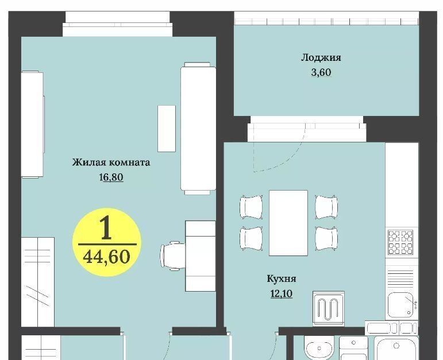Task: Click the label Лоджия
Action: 321,58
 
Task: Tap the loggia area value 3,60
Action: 321,72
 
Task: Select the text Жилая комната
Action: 111,162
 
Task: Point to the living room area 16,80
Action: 111,177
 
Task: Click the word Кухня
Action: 282,278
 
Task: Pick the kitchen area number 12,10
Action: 282,293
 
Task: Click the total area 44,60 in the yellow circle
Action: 107,257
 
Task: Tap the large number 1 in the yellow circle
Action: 106,227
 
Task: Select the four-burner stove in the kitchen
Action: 400,242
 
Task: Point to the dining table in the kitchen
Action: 288,223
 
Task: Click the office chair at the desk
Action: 173,256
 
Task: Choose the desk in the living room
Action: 201,256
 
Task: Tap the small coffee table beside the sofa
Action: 167,129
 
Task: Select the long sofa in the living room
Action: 198,129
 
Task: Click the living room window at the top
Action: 118,25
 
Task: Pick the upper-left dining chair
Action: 251,207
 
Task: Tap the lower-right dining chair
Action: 326,238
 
